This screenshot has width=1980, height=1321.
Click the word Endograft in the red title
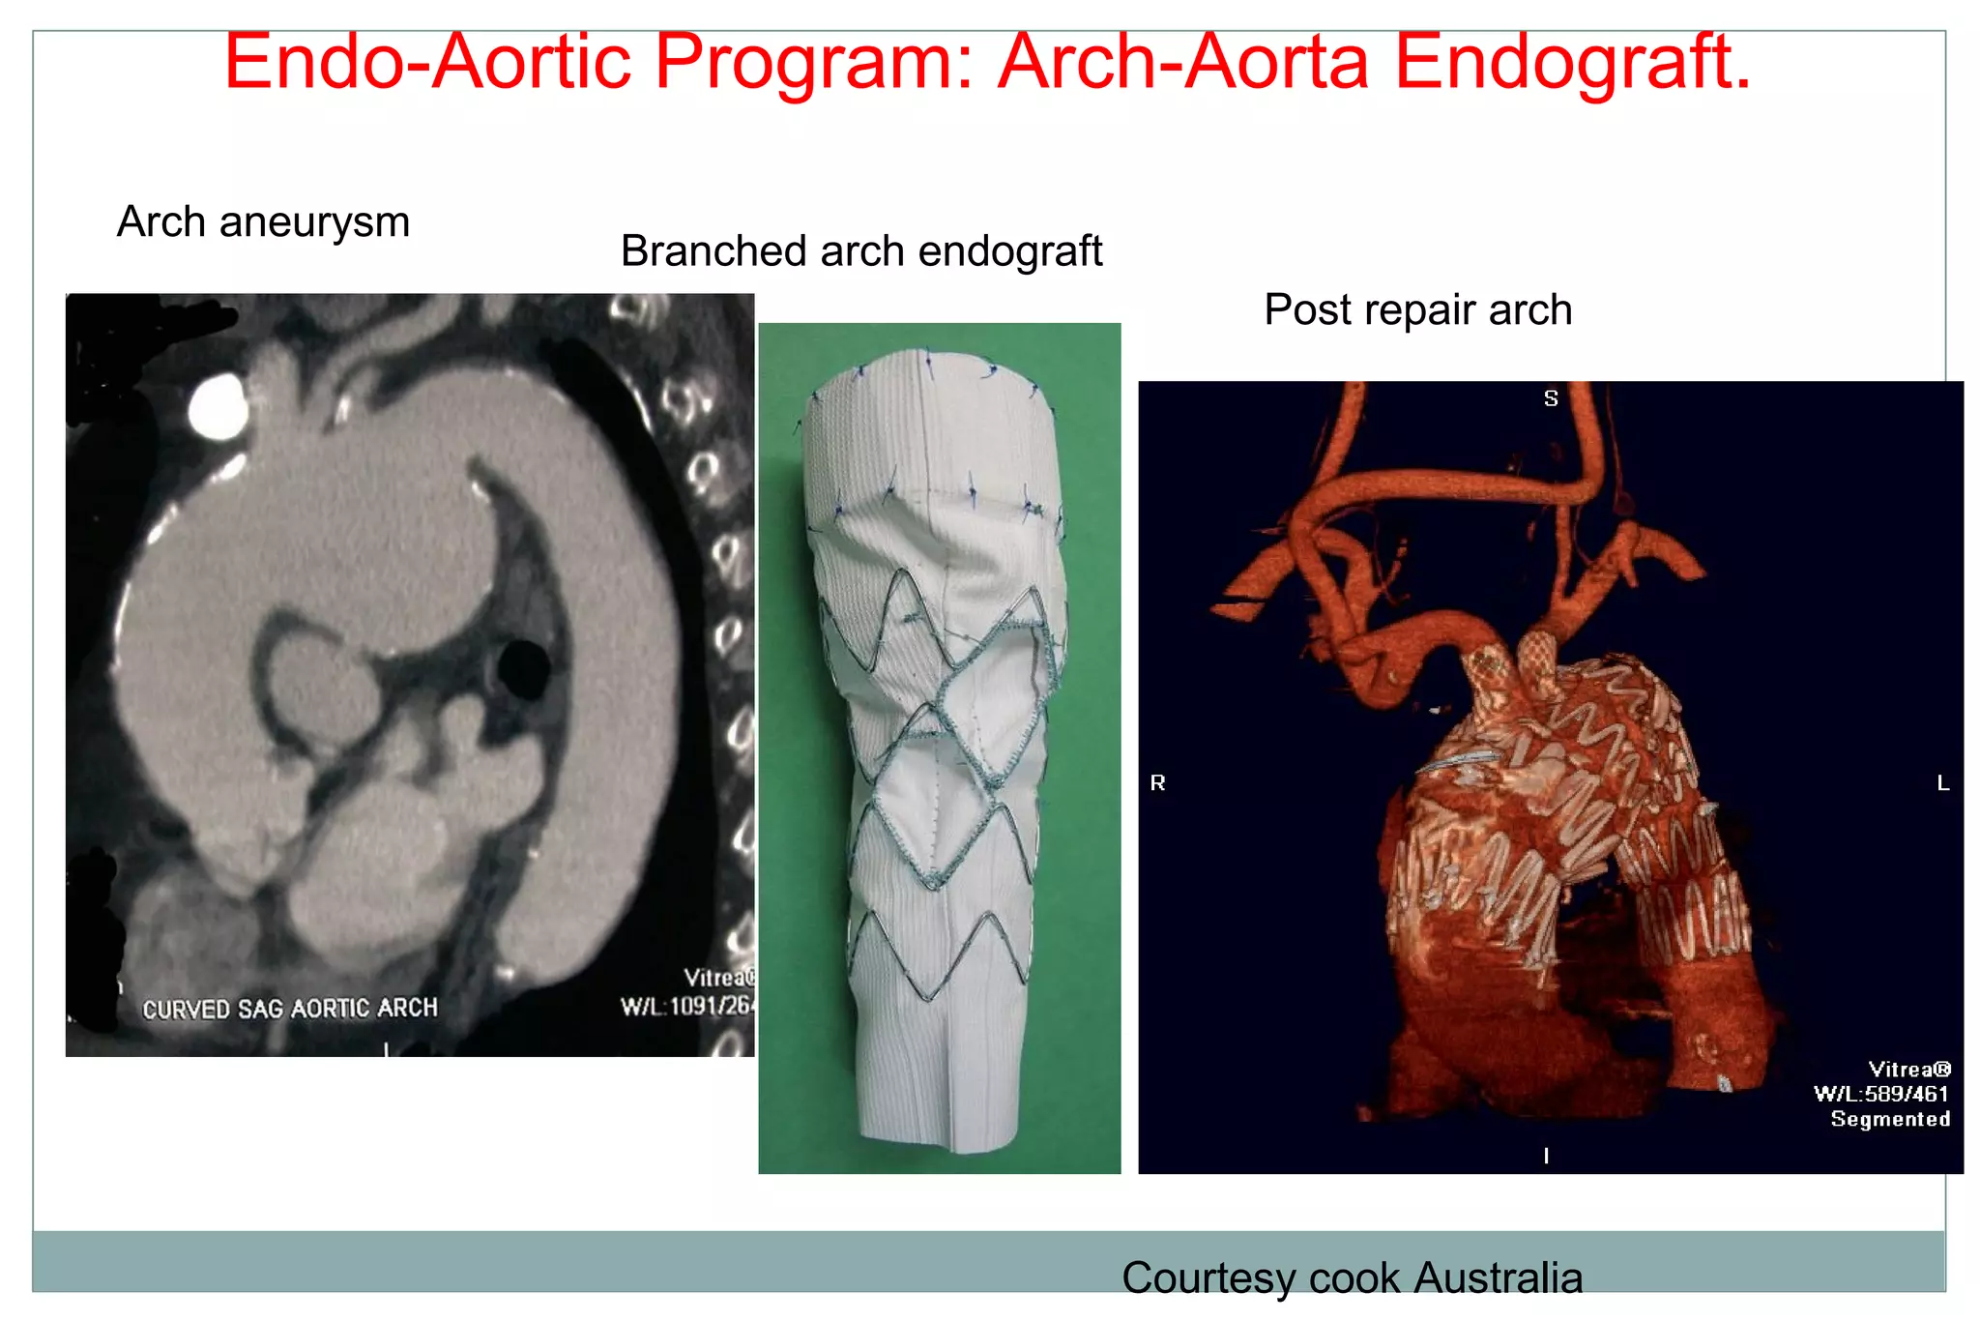[1572, 62]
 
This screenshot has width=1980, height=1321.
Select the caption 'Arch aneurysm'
[263, 222]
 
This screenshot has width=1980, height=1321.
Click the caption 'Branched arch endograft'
[860, 251]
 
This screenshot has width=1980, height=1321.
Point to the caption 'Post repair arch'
[1417, 310]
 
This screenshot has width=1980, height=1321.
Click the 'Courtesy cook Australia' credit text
[1352, 1277]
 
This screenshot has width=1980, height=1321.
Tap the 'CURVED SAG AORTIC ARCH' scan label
[290, 1009]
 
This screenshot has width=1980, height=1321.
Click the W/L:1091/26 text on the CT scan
[686, 1007]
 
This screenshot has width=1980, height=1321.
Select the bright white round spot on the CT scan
[218, 405]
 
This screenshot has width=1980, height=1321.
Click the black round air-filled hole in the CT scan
[523, 667]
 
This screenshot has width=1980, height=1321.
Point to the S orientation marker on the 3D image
[1551, 398]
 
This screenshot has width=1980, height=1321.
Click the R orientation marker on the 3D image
[1157, 782]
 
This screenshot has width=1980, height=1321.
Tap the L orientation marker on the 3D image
[1943, 782]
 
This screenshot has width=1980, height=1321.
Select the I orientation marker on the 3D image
[1547, 1155]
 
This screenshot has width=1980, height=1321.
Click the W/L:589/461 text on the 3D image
[1881, 1094]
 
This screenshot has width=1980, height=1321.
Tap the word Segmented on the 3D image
[1890, 1119]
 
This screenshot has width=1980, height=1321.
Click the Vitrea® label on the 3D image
[1909, 1069]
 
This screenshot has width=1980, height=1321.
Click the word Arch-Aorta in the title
[1183, 62]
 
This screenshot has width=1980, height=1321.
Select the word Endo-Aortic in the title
[427, 62]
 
